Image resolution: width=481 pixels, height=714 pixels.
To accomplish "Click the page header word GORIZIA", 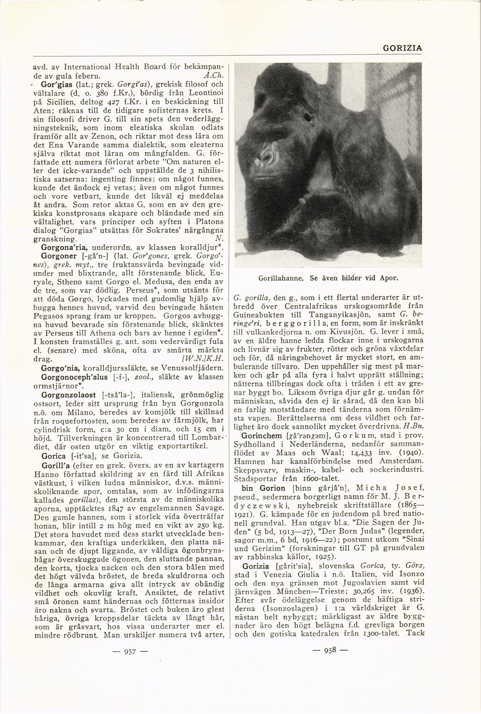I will (402, 48).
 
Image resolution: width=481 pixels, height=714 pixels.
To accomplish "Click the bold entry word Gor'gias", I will (52, 84).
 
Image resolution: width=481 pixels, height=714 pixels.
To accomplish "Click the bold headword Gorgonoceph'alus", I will (76, 377).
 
